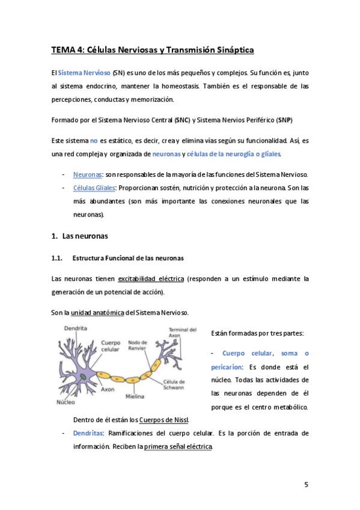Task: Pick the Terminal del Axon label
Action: point(183,333)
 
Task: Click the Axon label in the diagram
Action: point(108,389)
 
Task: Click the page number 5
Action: point(306,485)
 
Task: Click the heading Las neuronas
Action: point(85,236)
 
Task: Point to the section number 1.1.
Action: point(57,258)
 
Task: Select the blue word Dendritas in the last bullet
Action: point(87,433)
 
